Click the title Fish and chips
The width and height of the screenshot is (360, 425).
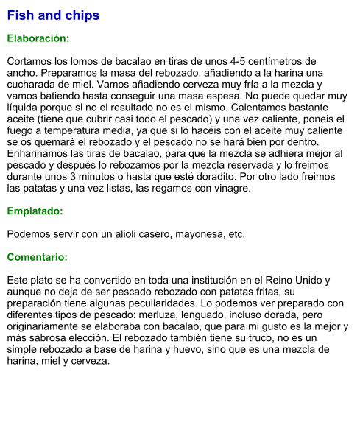click(53, 15)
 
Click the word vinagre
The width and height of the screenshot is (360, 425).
click(230, 189)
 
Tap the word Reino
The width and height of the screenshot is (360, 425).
click(280, 281)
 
